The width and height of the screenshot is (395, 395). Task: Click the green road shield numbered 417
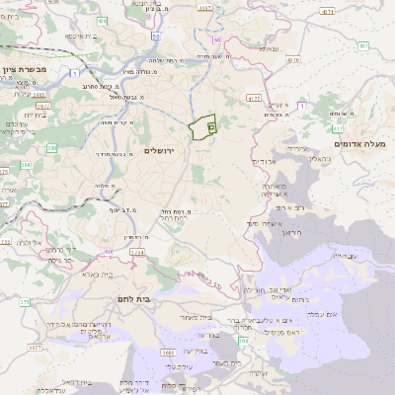coord(338,128)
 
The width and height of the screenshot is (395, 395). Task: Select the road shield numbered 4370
coord(292,59)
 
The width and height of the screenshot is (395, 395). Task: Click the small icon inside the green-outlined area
coord(211,127)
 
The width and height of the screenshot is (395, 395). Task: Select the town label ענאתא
coord(268,49)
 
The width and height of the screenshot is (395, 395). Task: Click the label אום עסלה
coord(351,314)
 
